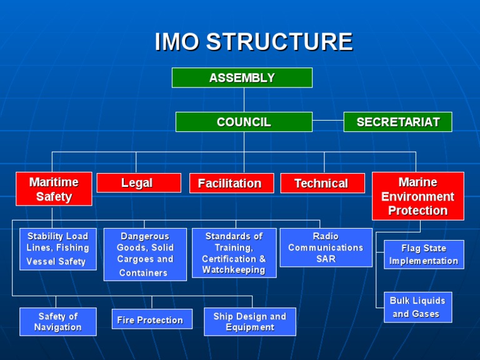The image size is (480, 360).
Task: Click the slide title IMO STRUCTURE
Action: coord(254,42)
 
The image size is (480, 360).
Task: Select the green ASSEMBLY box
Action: coord(242,77)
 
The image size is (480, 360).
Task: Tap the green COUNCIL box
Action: coord(244,122)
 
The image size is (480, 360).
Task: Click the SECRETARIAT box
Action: coord(397,122)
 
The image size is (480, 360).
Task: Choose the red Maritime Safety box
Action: coord(54,189)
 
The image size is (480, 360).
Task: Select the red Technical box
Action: coord(322,183)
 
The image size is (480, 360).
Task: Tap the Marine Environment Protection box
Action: coord(417,196)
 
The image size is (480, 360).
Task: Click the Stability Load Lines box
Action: coord(58,249)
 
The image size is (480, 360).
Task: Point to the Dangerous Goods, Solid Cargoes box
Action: coord(145,254)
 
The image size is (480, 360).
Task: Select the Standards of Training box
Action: coord(234,253)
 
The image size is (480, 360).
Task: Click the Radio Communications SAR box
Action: coord(326,247)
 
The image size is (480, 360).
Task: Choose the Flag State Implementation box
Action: coord(424,254)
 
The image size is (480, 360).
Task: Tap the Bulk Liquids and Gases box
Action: coord(417,307)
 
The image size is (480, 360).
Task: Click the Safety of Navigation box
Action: coord(58,321)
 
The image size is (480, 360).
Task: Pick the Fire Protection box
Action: coord(152,319)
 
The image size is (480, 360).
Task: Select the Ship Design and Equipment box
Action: coord(249,321)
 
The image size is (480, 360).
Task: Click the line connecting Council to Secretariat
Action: coord(328,120)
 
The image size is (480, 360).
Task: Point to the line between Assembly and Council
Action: coord(244,100)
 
